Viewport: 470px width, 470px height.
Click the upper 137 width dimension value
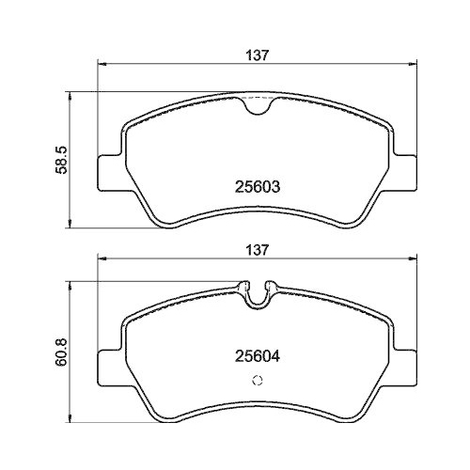tap(259, 55)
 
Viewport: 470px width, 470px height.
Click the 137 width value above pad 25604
tap(259, 250)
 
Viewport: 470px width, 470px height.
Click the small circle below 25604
tap(258, 381)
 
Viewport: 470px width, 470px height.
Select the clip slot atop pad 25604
tap(258, 292)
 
